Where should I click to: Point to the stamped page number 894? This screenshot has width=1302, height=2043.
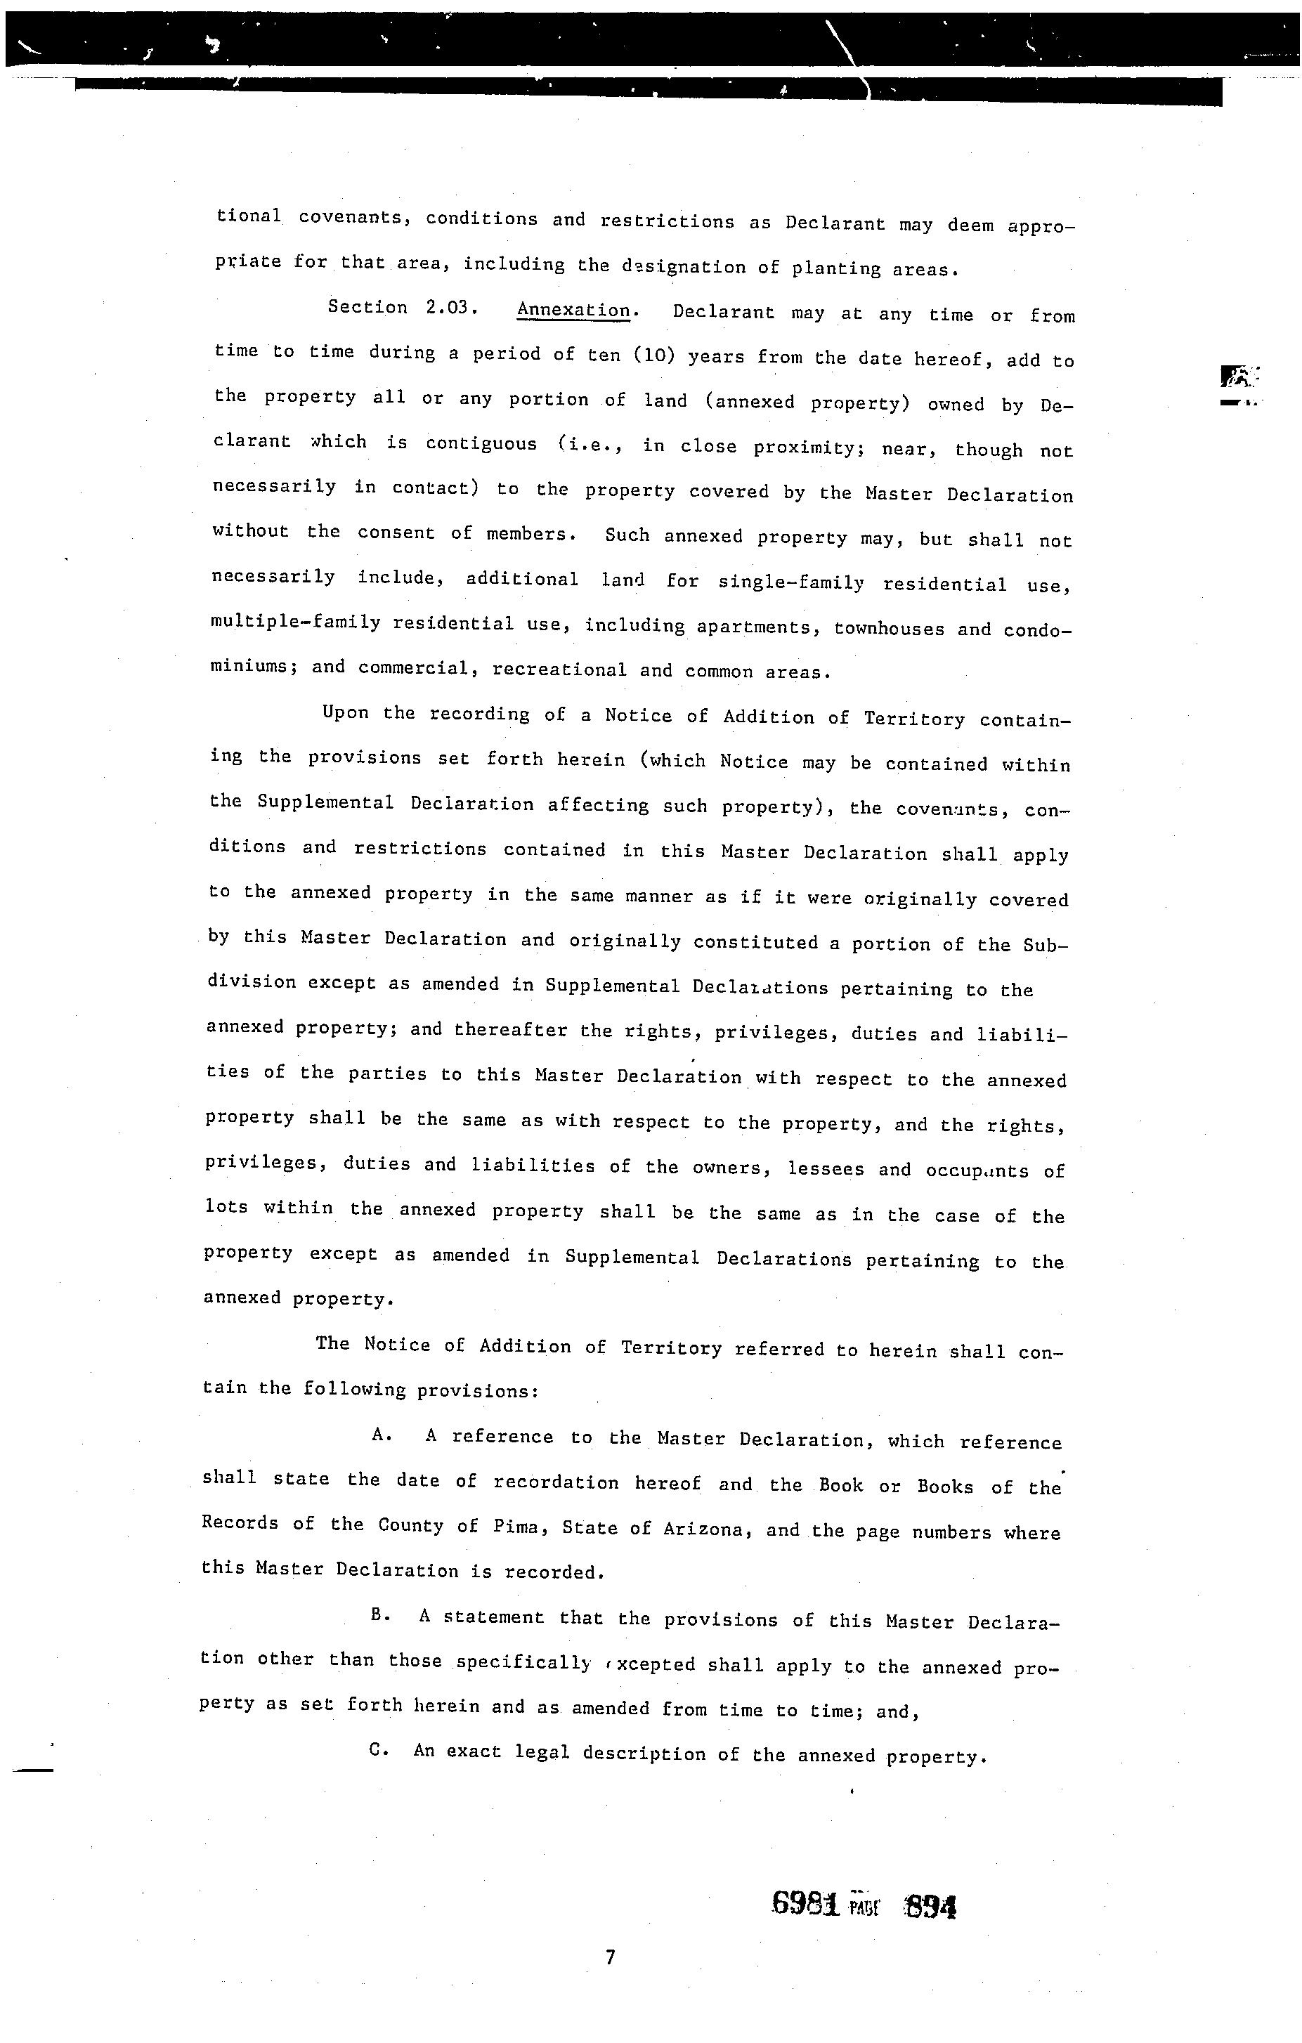[x=931, y=1907]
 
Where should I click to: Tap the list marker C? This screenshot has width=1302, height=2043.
[x=379, y=1750]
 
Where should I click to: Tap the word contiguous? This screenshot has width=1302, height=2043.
[x=481, y=444]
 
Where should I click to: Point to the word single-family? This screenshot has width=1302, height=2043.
[x=791, y=583]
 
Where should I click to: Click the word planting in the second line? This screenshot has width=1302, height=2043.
[x=836, y=269]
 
